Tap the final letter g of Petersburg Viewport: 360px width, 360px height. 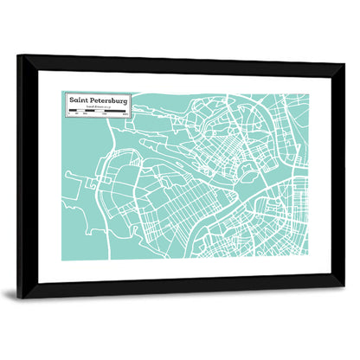[125, 101]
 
